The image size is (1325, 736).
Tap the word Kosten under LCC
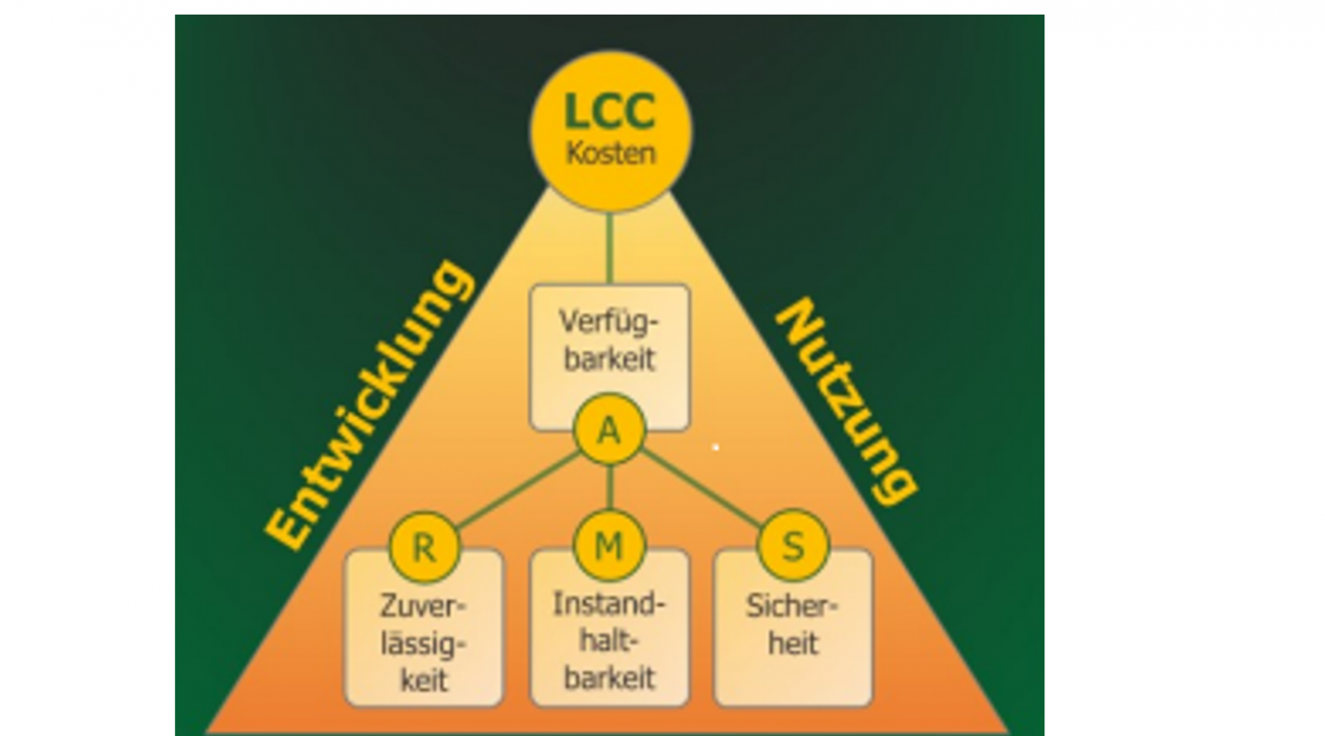(x=610, y=153)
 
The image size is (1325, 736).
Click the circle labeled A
(x=609, y=431)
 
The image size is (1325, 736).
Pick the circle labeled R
(x=424, y=546)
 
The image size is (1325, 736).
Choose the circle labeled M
(x=609, y=546)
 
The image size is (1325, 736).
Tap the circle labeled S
(x=792, y=546)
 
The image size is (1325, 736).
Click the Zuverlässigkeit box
(x=424, y=639)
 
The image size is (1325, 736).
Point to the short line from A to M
(x=609, y=486)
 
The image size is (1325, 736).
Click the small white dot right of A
(x=715, y=447)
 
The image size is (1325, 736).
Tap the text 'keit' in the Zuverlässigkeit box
(x=424, y=680)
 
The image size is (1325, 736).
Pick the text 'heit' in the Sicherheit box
(x=793, y=643)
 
